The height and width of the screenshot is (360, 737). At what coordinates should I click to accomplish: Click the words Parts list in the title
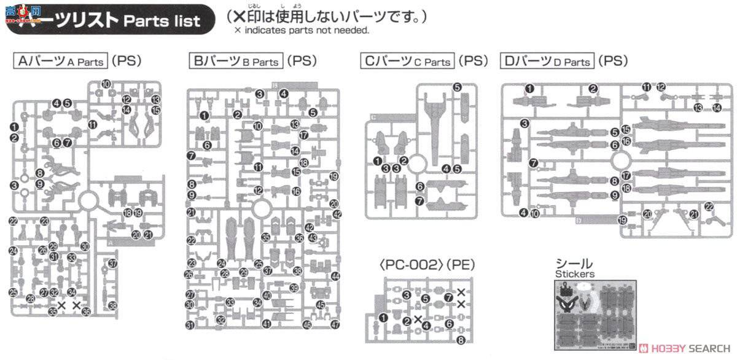pos(162,21)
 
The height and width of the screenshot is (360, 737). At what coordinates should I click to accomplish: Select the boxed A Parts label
pos(60,61)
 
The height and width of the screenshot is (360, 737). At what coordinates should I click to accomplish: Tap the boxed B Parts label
pos(236,61)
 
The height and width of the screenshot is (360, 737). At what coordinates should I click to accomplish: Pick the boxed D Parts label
pos(547,61)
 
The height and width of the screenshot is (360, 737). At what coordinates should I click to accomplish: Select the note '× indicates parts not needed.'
pos(301,29)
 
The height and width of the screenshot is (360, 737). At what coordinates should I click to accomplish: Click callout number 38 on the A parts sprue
pos(112,305)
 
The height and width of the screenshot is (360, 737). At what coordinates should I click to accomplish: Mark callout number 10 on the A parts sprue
pos(106,84)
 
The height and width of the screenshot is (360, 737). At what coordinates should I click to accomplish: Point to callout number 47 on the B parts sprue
pos(334,324)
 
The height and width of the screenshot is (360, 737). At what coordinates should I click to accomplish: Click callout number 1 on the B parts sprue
pos(203,115)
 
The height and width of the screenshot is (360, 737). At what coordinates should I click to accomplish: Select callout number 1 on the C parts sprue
pos(376,161)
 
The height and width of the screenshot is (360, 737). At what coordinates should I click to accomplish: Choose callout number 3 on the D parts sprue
pos(524,124)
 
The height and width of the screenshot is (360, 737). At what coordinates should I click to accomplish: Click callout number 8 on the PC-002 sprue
pos(461,340)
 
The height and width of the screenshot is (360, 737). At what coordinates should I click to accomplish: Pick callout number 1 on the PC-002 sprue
pos(384,318)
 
